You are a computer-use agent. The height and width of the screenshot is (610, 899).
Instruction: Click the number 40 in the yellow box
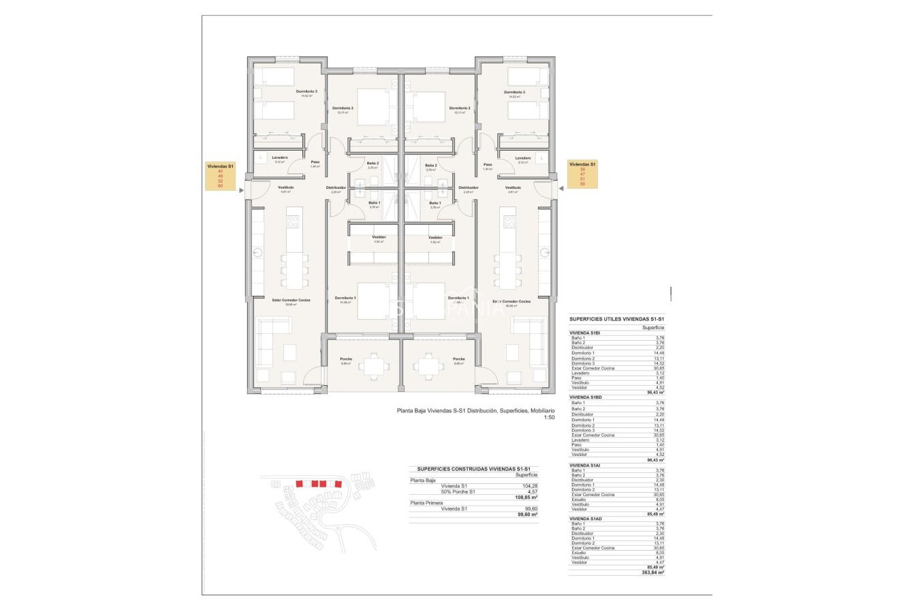pyautogui.click(x=220, y=171)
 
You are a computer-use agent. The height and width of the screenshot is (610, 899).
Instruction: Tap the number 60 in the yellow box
pyautogui.click(x=220, y=185)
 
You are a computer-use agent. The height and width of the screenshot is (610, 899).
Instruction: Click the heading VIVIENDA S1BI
pyautogui.click(x=585, y=333)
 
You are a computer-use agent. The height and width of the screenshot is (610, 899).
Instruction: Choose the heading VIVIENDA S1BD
pyautogui.click(x=586, y=397)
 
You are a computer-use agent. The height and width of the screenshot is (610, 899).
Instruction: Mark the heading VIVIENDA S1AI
pyautogui.click(x=585, y=465)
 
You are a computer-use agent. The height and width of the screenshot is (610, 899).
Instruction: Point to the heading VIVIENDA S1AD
pyautogui.click(x=586, y=519)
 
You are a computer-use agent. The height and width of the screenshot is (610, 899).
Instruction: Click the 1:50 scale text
pyautogui.click(x=549, y=417)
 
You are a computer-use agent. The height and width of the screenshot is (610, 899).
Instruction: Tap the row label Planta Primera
pyautogui.click(x=426, y=502)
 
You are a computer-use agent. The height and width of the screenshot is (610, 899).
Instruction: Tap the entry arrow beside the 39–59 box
pyautogui.click(x=561, y=187)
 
